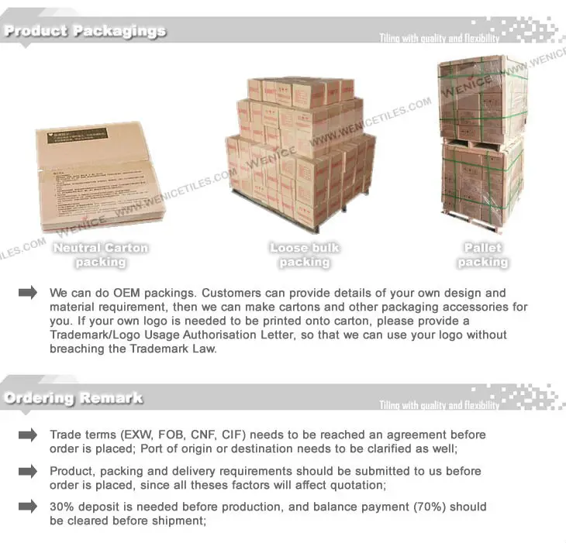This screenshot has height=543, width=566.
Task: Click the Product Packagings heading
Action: tap(85, 32)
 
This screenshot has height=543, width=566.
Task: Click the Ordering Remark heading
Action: tap(73, 398)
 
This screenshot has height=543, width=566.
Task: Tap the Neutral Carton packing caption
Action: tap(101, 255)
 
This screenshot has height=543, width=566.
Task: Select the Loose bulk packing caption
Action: tap(305, 255)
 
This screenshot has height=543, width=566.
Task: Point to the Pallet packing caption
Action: tap(482, 255)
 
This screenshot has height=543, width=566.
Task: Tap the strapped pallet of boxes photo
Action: tap(482, 144)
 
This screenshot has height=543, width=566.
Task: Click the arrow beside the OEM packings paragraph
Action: tap(28, 293)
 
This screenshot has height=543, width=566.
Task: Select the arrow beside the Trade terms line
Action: tap(28, 435)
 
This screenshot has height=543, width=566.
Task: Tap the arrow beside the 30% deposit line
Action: tap(28, 507)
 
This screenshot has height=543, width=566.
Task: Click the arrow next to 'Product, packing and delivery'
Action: tap(28, 471)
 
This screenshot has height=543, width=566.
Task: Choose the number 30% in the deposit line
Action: tap(63, 507)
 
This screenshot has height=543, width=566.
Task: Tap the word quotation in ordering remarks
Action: tap(358, 486)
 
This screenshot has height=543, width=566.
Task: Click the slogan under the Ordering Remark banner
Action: tap(439, 405)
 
